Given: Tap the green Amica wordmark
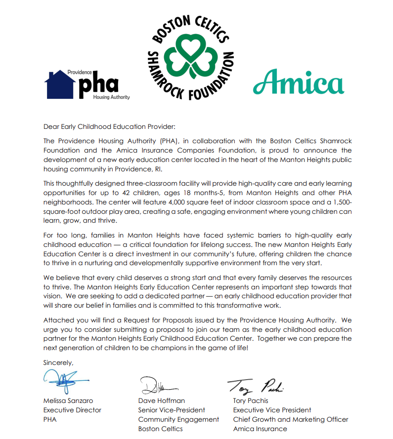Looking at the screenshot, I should click(x=299, y=81).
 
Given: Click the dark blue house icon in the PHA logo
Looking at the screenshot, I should click(x=60, y=85).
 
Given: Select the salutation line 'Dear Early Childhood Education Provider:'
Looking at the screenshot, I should click(x=109, y=127).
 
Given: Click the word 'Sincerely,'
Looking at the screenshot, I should click(x=58, y=363).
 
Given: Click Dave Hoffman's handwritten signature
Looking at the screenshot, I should click(x=156, y=385).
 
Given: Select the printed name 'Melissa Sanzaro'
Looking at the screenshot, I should click(x=68, y=400).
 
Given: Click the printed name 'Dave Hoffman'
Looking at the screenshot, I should click(x=161, y=400).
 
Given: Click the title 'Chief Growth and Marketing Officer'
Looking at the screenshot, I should click(x=291, y=419).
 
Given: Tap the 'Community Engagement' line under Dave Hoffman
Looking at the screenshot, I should click(x=178, y=419).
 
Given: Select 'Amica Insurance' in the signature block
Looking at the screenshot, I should click(x=260, y=429).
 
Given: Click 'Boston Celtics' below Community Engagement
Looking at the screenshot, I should click(x=160, y=429).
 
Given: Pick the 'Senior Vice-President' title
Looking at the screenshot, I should click(x=172, y=410).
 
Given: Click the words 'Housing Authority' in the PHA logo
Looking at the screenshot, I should click(x=112, y=97).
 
